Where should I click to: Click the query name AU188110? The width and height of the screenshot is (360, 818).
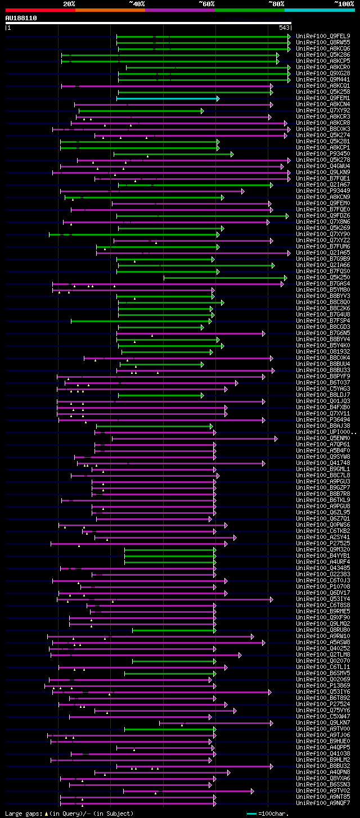(x=21, y=18)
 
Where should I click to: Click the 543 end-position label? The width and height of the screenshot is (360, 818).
(x=284, y=28)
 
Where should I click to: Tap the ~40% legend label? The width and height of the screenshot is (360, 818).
(x=137, y=3)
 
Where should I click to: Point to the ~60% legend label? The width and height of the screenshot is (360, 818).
(x=206, y=3)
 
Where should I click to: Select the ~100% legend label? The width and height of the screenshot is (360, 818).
(x=344, y=3)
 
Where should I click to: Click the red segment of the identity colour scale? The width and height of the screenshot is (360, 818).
(x=40, y=10)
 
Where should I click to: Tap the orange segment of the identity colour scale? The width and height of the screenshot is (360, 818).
(x=110, y=10)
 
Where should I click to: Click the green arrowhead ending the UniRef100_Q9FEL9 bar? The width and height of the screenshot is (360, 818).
(x=289, y=37)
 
